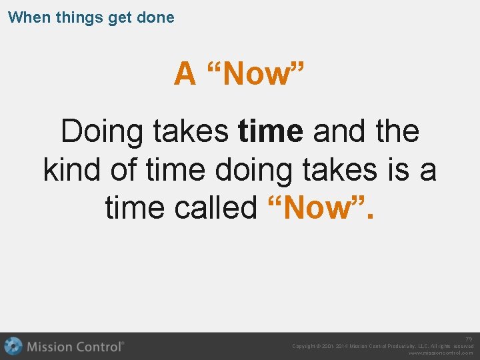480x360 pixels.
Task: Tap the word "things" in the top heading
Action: (74, 17)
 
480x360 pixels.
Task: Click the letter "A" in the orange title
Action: (185, 74)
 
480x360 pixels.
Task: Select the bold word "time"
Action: (271, 132)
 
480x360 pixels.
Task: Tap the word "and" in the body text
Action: (339, 132)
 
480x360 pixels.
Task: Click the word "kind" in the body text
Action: (72, 169)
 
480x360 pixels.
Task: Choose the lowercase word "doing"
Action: (253, 171)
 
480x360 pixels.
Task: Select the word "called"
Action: (215, 207)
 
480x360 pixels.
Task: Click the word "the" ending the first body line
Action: (397, 132)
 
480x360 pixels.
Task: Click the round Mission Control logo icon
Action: (13, 346)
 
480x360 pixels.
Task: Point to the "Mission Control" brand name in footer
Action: (75, 347)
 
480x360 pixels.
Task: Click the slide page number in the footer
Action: (469, 339)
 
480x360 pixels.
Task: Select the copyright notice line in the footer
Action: (383, 346)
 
